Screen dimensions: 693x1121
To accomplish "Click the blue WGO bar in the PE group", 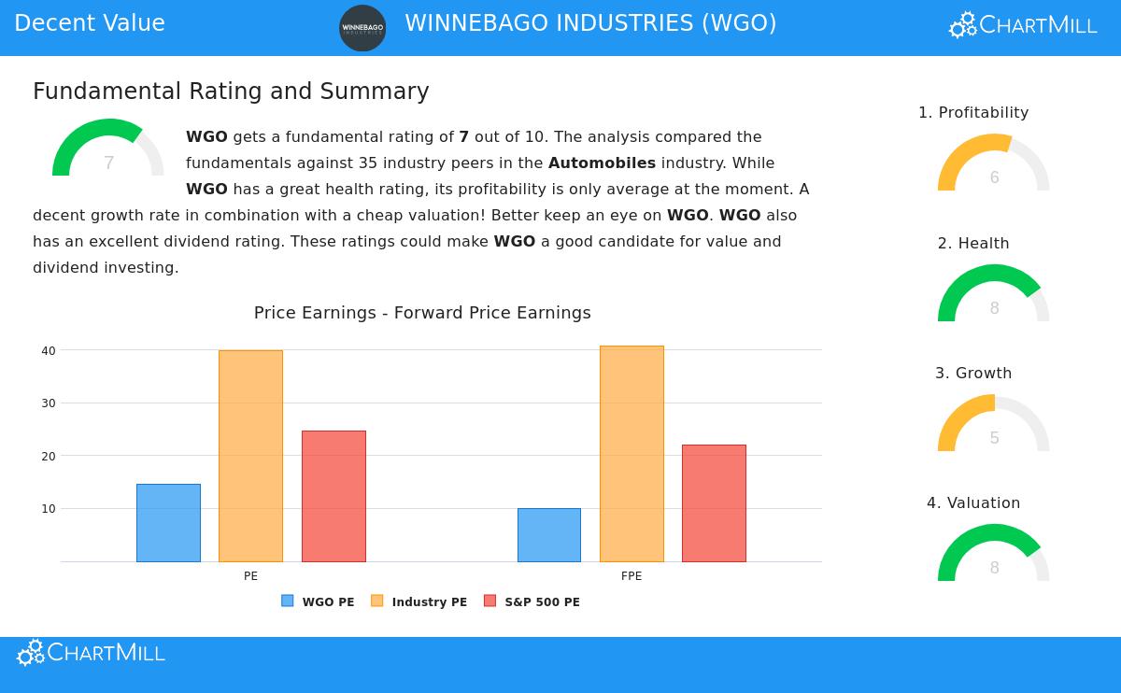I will click(168, 523).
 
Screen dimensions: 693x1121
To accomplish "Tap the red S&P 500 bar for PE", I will click(333, 496).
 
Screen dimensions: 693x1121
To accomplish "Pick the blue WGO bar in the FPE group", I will click(549, 535).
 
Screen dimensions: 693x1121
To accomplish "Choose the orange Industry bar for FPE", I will click(631, 454).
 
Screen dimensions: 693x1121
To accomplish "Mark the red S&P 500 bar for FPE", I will click(714, 503).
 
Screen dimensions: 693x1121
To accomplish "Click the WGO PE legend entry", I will click(319, 602).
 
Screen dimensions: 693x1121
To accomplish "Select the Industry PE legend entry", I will click(419, 602).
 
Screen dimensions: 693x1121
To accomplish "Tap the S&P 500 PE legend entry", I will click(532, 602).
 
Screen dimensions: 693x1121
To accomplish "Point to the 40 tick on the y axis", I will click(49, 351).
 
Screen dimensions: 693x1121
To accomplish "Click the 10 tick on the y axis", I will click(49, 509).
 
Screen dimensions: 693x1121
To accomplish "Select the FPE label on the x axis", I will click(631, 576).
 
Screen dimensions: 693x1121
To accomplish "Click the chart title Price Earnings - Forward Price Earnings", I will click(422, 313).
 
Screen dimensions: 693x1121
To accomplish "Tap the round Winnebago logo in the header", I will click(362, 28).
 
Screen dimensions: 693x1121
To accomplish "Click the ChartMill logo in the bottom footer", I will click(91, 653).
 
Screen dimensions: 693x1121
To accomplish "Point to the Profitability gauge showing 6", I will click(994, 164).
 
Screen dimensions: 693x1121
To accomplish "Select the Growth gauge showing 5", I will click(994, 425).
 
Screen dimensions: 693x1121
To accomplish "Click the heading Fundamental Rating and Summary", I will click(231, 92).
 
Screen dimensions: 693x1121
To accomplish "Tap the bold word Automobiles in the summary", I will click(602, 163).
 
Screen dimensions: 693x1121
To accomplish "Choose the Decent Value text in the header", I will click(90, 23).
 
